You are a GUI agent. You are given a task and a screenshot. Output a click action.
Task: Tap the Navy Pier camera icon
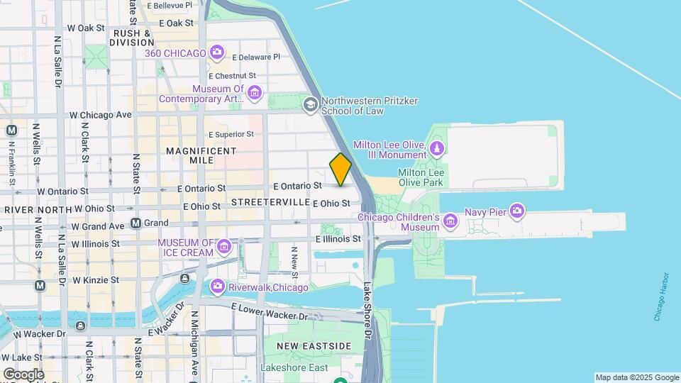pyautogui.click(x=517, y=211)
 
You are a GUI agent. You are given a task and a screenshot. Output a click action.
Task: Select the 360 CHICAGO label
pyautogui.click(x=175, y=52)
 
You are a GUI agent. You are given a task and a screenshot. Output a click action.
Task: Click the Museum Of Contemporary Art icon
pyautogui.click(x=255, y=93)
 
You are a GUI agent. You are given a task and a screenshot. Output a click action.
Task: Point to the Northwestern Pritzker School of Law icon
pyautogui.click(x=310, y=105)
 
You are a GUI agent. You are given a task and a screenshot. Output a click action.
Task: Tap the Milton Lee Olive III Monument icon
pyautogui.click(x=438, y=149)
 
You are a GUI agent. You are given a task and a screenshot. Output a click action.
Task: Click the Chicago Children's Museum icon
pyautogui.click(x=450, y=222)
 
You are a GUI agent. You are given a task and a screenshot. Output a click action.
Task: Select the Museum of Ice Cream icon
pyautogui.click(x=224, y=247)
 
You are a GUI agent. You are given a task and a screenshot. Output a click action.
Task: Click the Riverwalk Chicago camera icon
pyautogui.click(x=217, y=287)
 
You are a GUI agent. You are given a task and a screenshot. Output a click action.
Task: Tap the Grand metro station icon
pyautogui.click(x=135, y=223)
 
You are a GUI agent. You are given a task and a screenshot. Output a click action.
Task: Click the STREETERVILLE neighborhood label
pyautogui.click(x=267, y=202)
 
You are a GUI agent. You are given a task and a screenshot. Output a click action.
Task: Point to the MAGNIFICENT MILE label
pyautogui.click(x=201, y=155)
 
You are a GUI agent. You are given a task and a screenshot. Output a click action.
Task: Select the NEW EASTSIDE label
pyautogui.click(x=314, y=345)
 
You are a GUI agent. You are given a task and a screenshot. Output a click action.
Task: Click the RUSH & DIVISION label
pyautogui.click(x=133, y=38)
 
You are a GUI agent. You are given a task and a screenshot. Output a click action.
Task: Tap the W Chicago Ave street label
pyautogui.click(x=100, y=115)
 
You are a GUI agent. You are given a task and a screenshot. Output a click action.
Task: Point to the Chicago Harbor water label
pyautogui.click(x=661, y=296)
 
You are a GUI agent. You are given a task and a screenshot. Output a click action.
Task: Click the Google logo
pyautogui.click(x=23, y=374)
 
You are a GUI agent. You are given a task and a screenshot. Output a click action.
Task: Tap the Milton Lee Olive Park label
pyautogui.click(x=421, y=177)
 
